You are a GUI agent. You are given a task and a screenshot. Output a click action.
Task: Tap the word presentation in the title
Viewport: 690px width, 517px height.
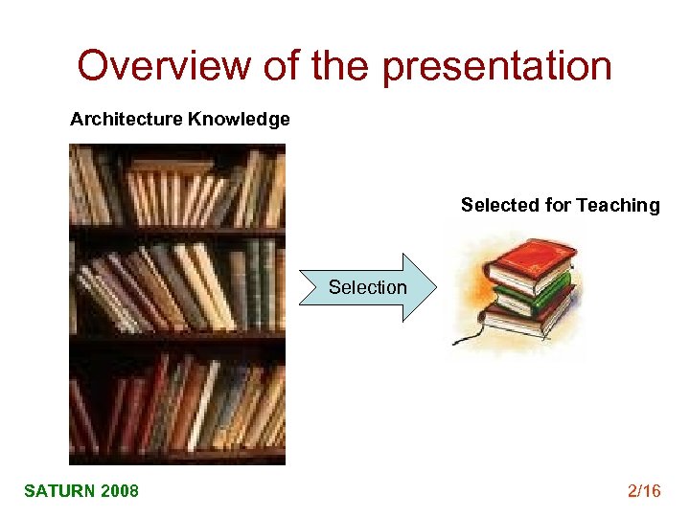(x=497, y=66)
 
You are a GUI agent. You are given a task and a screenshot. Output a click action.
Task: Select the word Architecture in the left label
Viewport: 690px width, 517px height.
(x=126, y=120)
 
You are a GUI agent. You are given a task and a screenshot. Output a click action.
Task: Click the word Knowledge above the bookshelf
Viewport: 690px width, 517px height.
(x=239, y=120)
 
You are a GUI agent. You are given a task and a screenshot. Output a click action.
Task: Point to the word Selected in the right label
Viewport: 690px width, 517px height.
(x=498, y=205)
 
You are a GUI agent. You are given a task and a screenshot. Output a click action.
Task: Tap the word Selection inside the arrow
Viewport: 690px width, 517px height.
(x=367, y=287)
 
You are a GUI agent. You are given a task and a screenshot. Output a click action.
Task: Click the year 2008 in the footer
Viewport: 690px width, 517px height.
(x=119, y=491)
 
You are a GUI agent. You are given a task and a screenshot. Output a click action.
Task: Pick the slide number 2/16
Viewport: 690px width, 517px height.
(x=644, y=491)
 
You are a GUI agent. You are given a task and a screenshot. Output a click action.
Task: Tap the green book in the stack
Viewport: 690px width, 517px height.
(x=532, y=292)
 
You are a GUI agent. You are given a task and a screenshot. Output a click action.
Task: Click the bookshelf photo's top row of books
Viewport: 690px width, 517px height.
(x=177, y=191)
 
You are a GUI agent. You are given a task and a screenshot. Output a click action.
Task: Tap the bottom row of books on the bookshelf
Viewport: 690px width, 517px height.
(x=177, y=402)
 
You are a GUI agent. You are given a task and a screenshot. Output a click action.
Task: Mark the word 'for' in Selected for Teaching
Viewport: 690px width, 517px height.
(x=558, y=205)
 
